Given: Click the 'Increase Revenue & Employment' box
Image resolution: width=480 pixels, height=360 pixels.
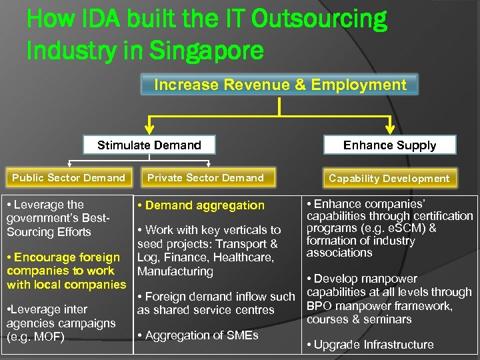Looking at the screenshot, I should [x=280, y=85].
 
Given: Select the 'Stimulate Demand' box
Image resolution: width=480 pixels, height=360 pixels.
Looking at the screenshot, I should [x=149, y=145].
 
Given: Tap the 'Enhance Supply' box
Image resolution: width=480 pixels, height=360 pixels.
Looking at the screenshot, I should [x=389, y=145].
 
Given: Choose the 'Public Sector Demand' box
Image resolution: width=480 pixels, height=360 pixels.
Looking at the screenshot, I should [x=69, y=177].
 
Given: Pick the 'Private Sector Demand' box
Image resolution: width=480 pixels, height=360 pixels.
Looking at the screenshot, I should [x=205, y=177].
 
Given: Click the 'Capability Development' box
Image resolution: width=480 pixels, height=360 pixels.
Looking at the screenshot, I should [x=389, y=178].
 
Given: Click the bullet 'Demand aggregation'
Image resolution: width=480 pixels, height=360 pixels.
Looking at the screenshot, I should [x=203, y=205].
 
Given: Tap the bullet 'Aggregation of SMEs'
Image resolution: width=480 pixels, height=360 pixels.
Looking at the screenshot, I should [x=201, y=335].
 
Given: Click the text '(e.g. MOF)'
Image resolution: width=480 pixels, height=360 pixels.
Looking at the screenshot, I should [x=35, y=337].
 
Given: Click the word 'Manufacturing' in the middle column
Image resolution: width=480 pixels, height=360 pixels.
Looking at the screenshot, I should [x=175, y=271].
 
